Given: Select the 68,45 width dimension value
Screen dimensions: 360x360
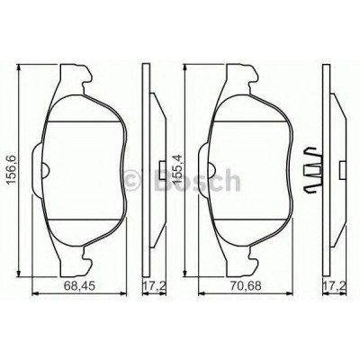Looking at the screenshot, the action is pos(80,286).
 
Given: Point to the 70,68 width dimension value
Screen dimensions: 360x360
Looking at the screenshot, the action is pos(246,286).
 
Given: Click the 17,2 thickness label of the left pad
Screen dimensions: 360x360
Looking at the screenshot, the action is pos(155,286).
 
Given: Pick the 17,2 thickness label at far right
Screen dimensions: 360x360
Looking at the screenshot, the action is pos(335,286).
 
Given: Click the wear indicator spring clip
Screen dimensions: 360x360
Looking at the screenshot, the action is pos(313,170).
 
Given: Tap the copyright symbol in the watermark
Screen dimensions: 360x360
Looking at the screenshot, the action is pos(131,180).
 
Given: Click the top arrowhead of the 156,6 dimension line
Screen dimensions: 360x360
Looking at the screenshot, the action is pos(19,67).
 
